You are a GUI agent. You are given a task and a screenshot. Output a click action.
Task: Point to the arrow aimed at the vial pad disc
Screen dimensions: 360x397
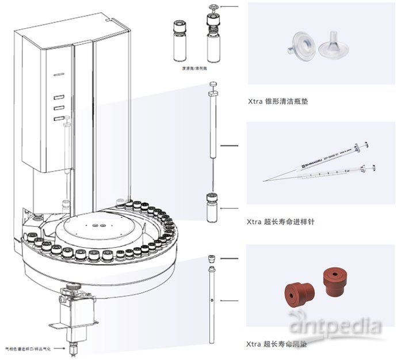pyautogui.click(x=230, y=7)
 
